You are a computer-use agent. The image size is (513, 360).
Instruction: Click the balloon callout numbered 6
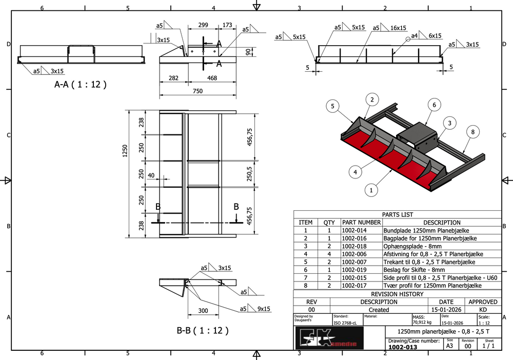434,105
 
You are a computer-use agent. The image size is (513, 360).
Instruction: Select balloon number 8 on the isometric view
473,132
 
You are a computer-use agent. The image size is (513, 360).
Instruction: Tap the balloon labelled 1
370,190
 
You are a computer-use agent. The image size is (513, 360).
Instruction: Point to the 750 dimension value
198,91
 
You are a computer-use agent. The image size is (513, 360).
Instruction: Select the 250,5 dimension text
250,174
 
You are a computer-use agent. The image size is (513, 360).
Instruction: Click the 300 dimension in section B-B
203,311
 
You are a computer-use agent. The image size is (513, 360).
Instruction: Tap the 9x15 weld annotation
264,309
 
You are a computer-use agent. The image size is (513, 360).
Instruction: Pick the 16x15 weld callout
398,28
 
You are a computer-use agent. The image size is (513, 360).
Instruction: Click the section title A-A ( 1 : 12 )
81,85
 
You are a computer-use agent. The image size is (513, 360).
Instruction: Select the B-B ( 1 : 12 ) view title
203,330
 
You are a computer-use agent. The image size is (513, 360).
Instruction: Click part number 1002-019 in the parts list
354,270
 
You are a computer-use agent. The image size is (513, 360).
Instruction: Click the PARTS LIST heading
398,215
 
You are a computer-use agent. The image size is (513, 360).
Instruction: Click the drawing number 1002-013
403,347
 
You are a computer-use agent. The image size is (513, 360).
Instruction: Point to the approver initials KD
483,310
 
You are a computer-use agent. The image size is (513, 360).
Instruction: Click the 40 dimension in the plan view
151,175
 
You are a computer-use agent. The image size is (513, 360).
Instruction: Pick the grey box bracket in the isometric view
417,135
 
